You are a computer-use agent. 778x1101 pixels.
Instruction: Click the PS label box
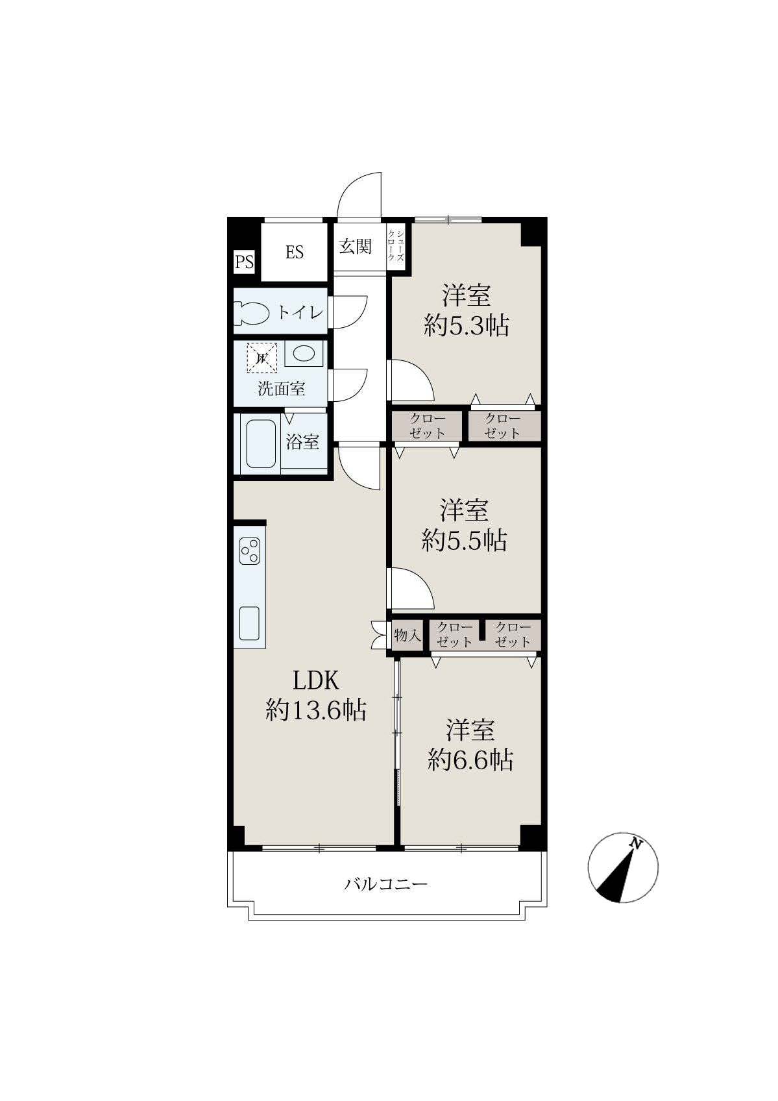244,262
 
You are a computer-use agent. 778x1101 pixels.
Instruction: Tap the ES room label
295,253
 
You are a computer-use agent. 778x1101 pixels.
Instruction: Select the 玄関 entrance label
355,246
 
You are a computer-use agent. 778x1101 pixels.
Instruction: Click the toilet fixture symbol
252,313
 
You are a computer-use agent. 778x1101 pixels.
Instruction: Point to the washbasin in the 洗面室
304,354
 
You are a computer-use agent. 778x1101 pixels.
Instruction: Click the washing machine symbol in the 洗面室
261,357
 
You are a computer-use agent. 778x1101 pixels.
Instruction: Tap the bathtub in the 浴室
260,444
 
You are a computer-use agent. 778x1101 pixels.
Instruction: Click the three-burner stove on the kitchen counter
250,551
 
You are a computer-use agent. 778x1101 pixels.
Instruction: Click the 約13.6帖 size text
316,710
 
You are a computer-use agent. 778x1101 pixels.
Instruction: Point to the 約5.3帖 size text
466,326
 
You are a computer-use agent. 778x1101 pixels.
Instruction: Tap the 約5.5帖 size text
465,541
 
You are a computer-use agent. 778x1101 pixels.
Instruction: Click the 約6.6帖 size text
470,760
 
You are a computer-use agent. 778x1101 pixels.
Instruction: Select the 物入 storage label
407,636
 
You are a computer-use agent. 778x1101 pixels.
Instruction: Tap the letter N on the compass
637,845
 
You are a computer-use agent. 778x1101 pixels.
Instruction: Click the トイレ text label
300,313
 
